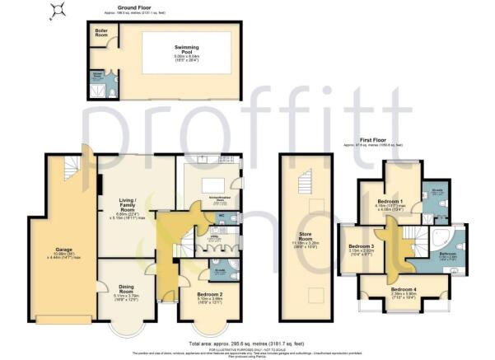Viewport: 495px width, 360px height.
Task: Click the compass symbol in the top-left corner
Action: (x=57, y=11)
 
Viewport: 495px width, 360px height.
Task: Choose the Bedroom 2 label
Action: (x=202, y=294)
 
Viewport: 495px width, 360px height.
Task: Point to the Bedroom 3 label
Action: (x=361, y=247)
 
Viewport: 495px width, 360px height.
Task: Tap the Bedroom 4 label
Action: (x=404, y=290)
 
